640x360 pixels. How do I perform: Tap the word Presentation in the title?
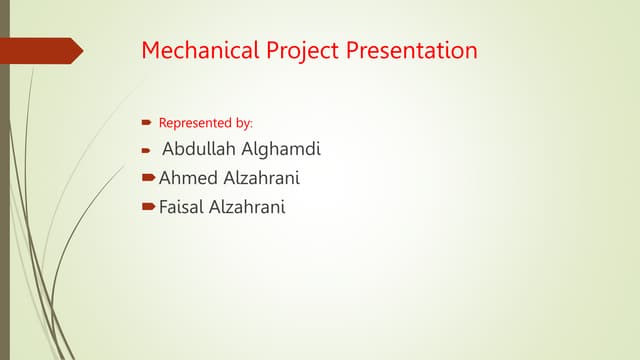411,50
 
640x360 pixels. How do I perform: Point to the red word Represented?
195,123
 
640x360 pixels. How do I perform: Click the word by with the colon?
244,123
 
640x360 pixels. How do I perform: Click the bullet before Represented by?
145,123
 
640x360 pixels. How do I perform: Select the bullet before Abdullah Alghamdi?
145,152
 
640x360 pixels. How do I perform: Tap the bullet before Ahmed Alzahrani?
149,179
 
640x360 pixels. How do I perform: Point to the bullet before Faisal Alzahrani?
149,208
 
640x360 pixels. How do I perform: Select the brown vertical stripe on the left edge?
4,200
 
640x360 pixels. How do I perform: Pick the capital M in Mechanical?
150,50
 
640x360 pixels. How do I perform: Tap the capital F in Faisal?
164,208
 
